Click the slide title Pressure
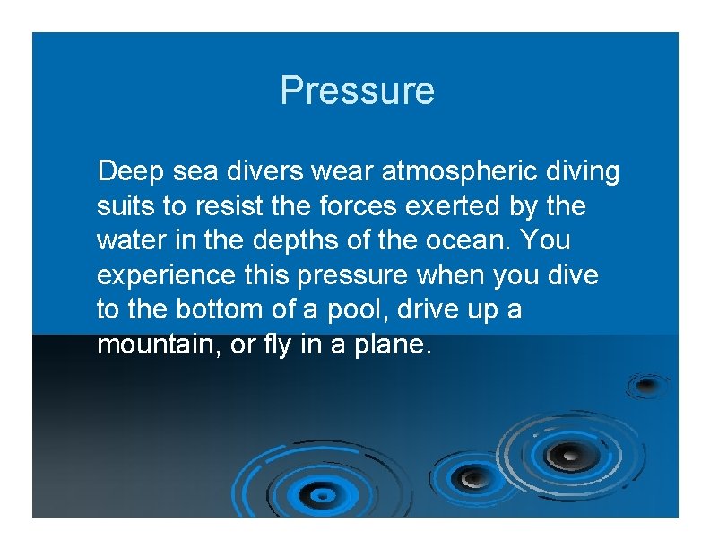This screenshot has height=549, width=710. (357, 91)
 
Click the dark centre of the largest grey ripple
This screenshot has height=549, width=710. (563, 456)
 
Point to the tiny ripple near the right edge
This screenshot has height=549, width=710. (647, 385)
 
